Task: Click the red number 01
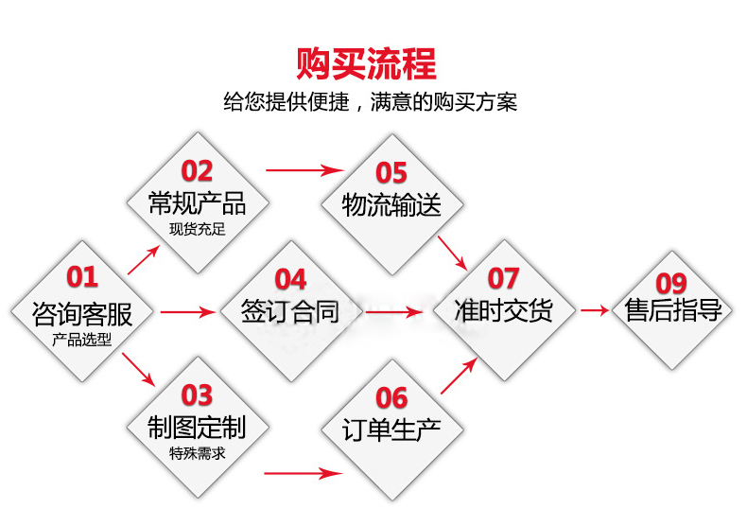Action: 81,276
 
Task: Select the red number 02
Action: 197,171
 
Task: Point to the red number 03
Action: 197,394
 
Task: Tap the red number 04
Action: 290,279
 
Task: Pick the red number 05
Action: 391,173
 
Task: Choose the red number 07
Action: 503,278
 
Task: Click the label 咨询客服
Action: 81,313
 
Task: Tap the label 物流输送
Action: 391,205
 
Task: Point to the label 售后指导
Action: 673,311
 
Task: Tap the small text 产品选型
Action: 82,339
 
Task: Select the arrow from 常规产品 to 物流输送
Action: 304,171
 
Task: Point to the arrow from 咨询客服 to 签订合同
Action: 188,311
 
